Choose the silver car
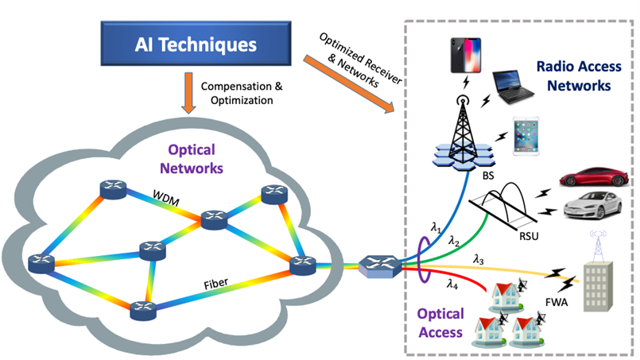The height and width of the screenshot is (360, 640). [x=592, y=206]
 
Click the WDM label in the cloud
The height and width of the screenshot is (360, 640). [x=168, y=195]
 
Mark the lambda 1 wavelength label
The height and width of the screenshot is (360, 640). [x=436, y=228]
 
